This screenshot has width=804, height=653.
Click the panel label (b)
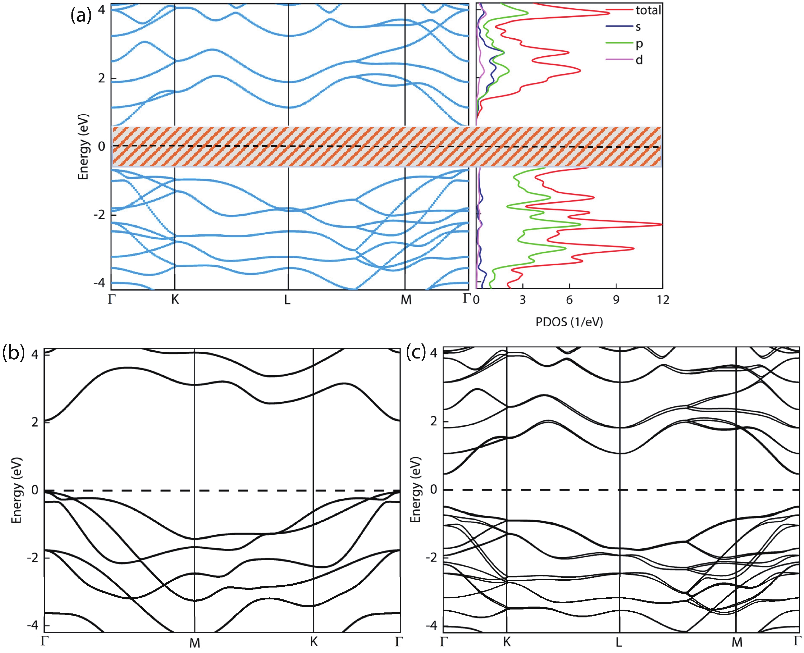point(13,354)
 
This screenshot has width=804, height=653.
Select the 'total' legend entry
point(648,10)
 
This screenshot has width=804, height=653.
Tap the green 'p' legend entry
point(639,44)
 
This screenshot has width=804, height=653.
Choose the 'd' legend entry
point(639,60)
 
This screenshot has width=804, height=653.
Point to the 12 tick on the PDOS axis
point(663,300)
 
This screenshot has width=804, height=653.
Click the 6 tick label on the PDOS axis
point(569,300)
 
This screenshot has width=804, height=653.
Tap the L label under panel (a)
point(287,300)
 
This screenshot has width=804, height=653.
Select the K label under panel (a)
point(175,300)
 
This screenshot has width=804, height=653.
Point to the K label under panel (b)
point(314,642)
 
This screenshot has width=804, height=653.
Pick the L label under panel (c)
point(619,642)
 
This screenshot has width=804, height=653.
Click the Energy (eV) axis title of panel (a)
point(83,147)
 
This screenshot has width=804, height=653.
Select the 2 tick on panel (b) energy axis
point(35,422)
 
